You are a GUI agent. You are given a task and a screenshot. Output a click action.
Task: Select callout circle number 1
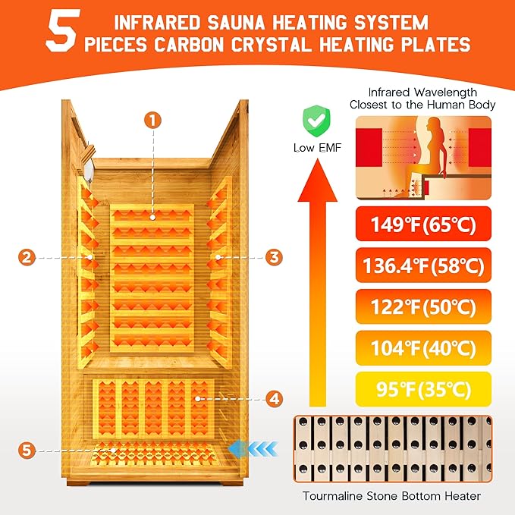coord(152,120)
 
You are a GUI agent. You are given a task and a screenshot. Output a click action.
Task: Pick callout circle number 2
coord(27,258)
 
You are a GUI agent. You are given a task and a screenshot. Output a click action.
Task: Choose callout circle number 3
coord(273,258)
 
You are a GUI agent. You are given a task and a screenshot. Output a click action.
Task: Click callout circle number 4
coord(273,397)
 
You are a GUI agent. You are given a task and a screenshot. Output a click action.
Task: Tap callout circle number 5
coord(27,450)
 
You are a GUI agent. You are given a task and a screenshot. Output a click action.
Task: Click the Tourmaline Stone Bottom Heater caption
coord(403,497)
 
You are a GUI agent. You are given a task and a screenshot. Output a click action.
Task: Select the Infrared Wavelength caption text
coord(422,98)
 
